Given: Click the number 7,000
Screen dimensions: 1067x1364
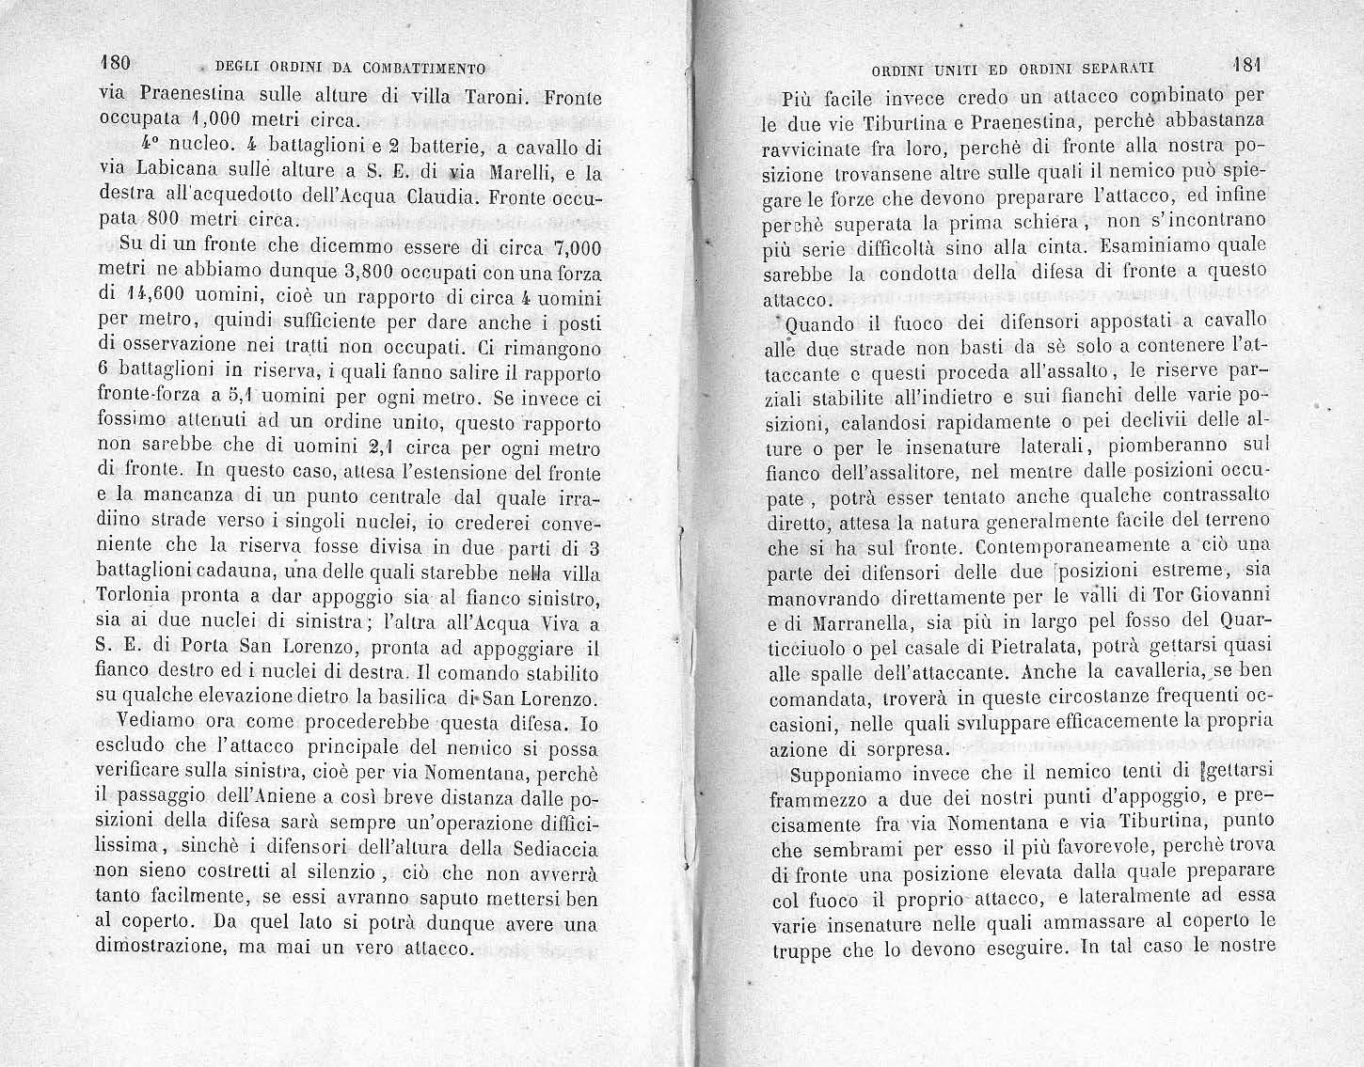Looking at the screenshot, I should tap(570, 248).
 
